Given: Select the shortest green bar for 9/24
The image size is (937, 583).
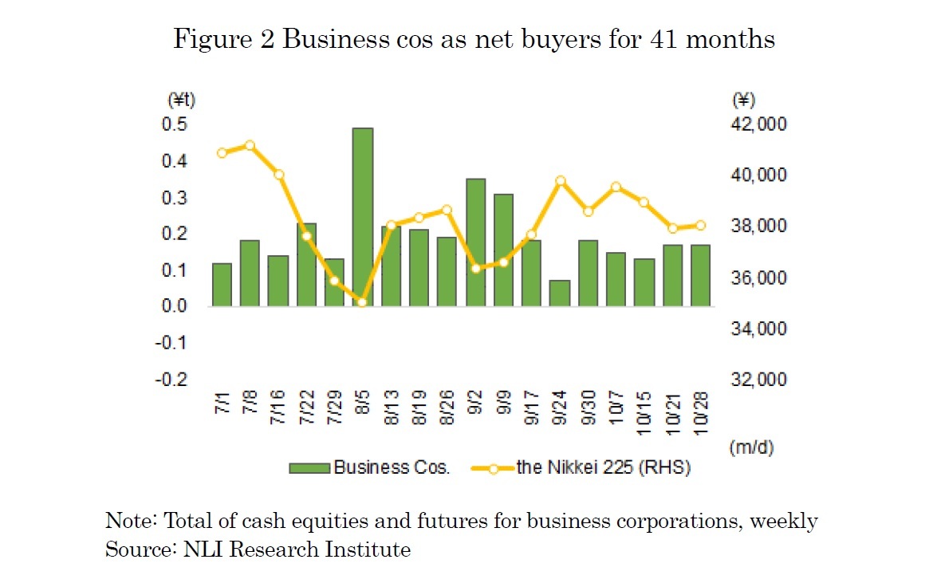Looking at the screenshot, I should coord(560,293).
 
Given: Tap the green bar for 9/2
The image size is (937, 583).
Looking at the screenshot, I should coord(475,242).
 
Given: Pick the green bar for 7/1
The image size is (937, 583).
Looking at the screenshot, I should coord(222,285).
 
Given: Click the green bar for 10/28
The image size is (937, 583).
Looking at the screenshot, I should coord(700,275).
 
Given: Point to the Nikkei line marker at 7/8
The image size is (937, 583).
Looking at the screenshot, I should coord(250,145).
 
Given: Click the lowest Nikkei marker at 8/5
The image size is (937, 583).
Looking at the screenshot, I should coord(363,302).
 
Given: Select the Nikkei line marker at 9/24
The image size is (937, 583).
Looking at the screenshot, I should coord(560,181).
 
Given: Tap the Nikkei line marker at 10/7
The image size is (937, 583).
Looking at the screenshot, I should coord(616,187).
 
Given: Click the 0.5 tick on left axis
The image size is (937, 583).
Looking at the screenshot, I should coord(175,124).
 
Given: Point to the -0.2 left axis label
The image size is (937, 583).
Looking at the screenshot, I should coord(171,379).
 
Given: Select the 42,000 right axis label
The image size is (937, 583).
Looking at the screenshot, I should coord(759,124).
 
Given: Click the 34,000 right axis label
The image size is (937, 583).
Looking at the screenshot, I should coord(759,329).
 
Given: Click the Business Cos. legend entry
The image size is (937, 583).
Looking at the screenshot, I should coord(370,468).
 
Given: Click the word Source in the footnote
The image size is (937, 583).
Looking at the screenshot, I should coord(132,550).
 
